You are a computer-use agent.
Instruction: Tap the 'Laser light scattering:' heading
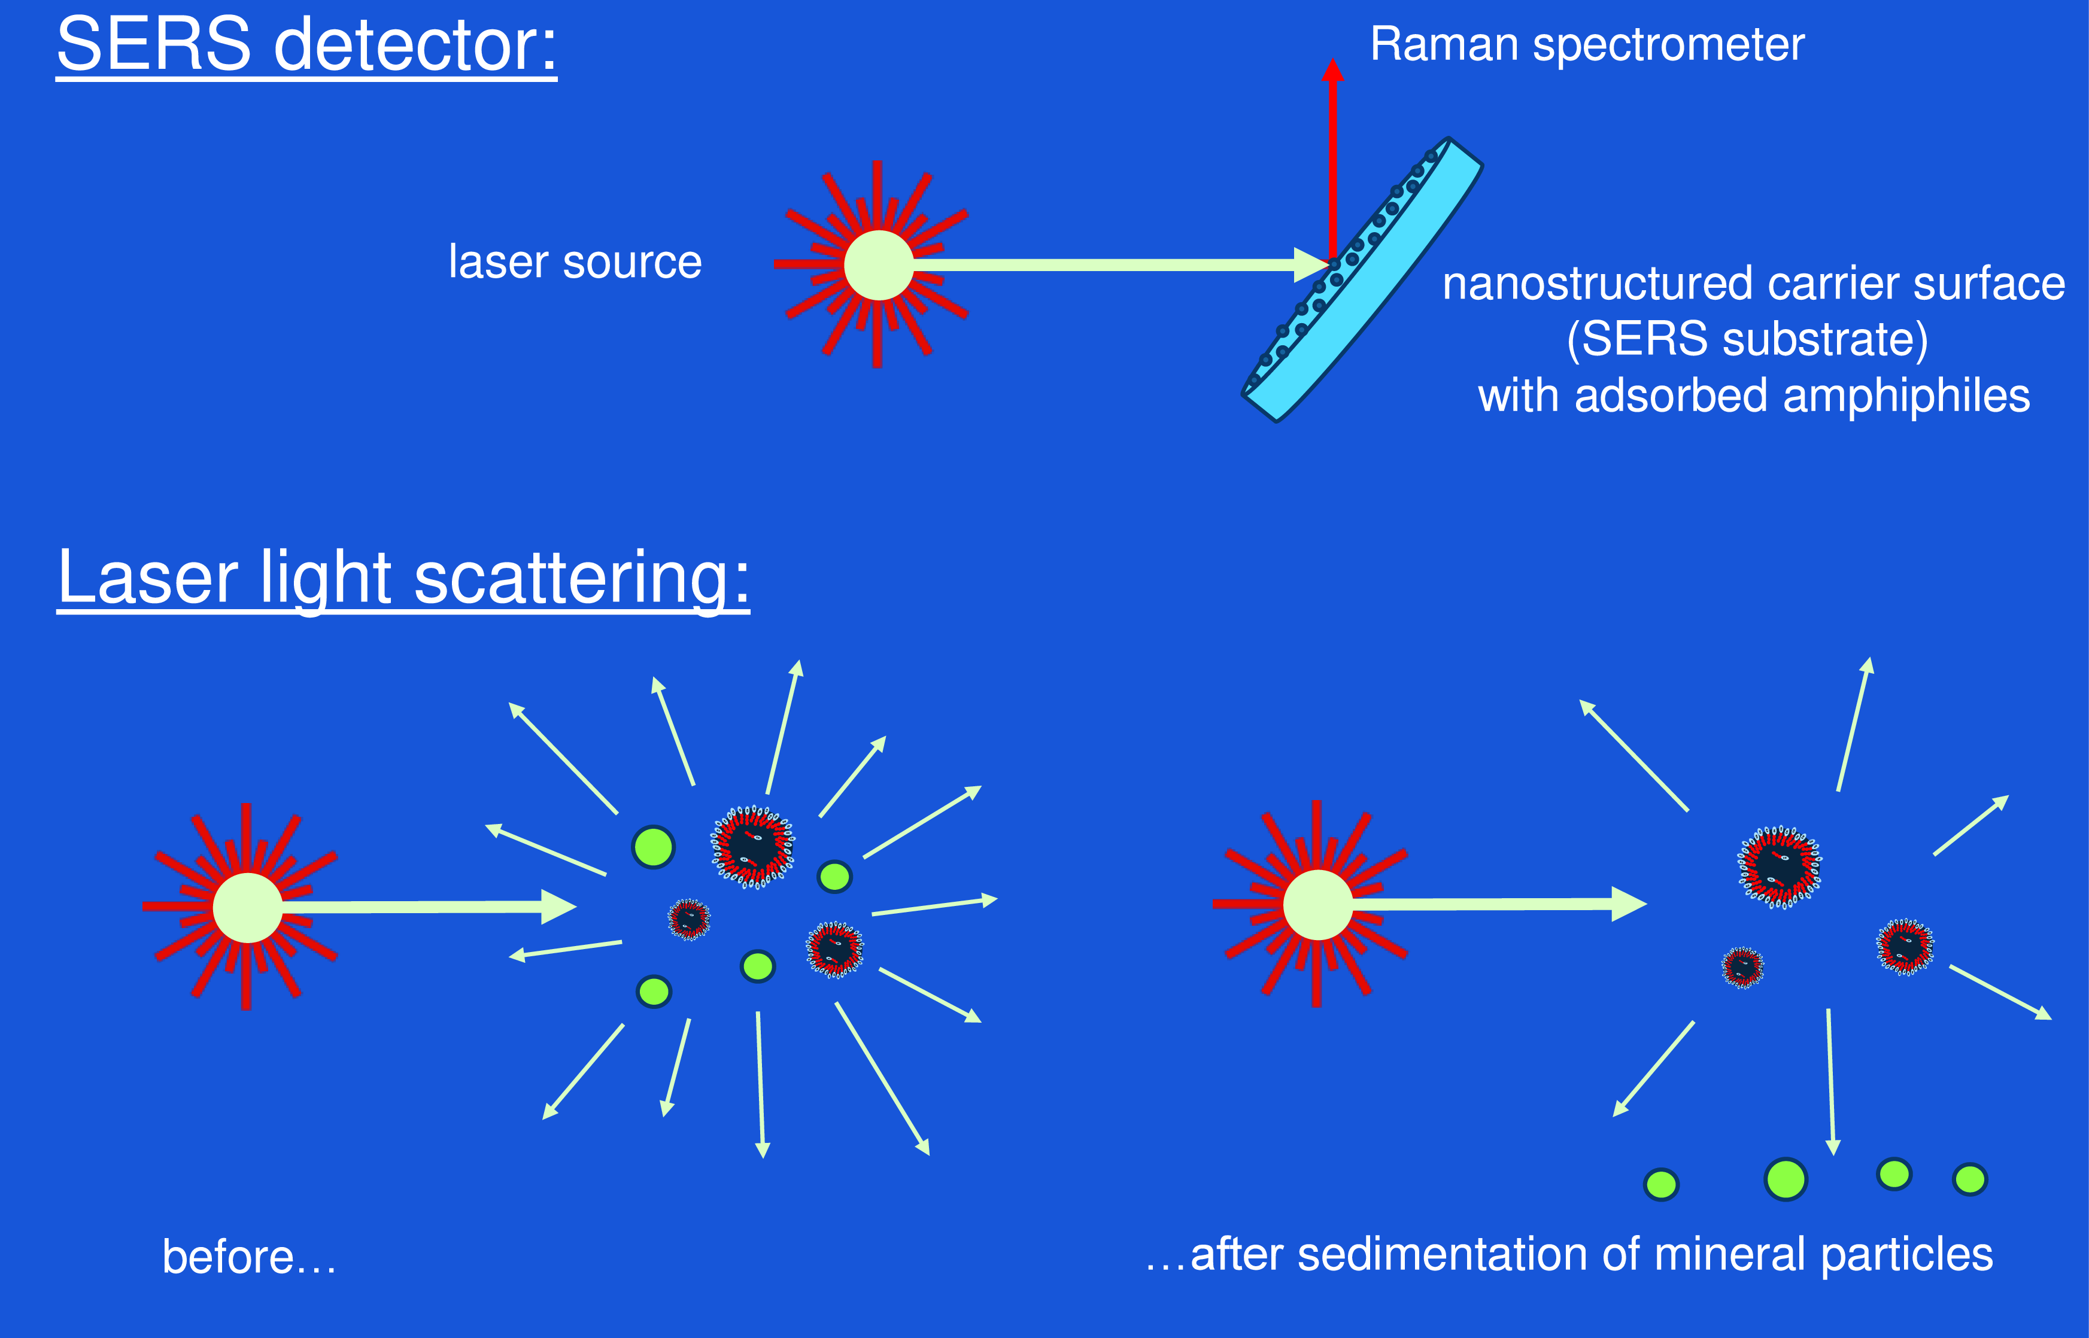pos(403,579)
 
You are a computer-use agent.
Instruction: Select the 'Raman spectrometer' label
pos(1587,45)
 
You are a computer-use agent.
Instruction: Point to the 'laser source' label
pos(575,261)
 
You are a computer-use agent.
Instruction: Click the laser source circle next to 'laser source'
pos(879,265)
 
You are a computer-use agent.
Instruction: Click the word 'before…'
pos(250,1257)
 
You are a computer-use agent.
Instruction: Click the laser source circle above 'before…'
pos(248,907)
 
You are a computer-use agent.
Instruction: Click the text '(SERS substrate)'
pos(1747,339)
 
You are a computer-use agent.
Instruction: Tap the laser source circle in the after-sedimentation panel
pos(1317,904)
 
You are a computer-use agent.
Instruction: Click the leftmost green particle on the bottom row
pos(1662,1185)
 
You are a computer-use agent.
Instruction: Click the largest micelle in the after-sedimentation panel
pos(1779,867)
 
